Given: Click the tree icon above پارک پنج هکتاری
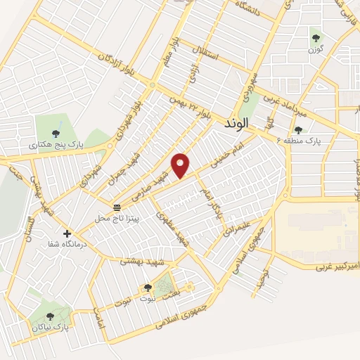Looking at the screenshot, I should point(56,131).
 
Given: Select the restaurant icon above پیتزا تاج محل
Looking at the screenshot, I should point(117,206).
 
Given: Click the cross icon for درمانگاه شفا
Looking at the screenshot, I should point(67,233).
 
